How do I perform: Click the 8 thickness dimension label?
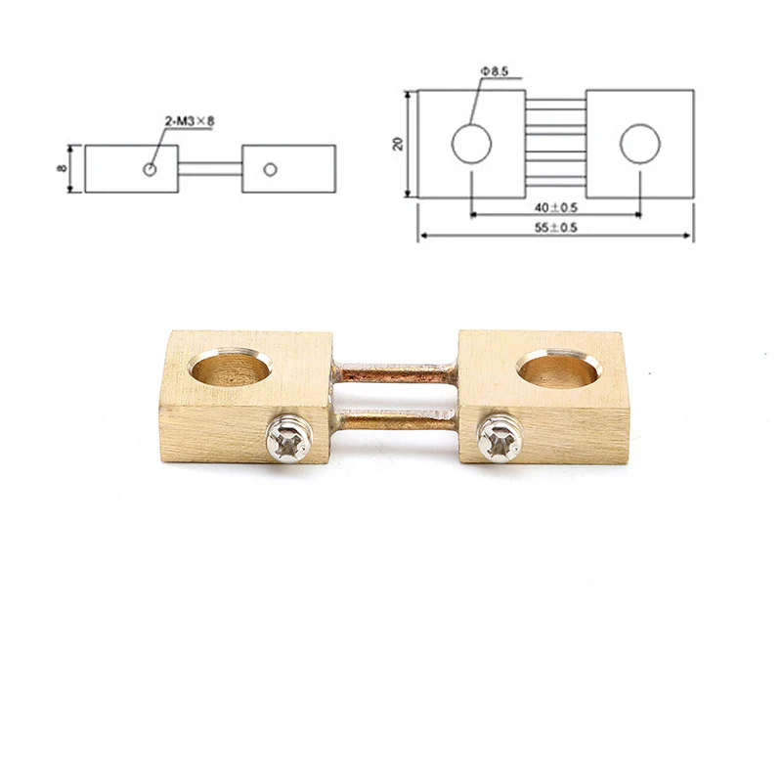61,168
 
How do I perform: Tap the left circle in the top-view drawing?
470,144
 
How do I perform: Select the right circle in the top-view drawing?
639,144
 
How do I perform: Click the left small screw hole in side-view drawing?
149,169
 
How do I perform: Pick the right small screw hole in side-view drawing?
271,169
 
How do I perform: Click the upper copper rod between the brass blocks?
395,373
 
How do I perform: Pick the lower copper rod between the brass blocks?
395,421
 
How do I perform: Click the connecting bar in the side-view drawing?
210,168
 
